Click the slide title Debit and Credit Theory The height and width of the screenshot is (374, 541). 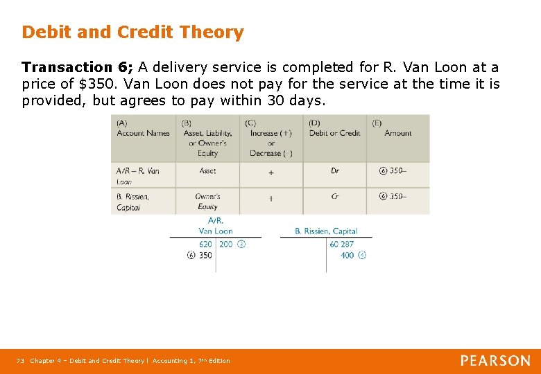132,32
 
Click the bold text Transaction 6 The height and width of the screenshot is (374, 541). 76,67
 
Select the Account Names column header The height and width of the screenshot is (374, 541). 143,129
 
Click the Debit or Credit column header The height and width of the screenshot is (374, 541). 334,133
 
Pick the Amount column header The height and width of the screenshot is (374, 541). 397,133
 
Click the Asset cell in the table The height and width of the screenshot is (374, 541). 207,170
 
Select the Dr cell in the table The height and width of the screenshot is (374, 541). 335,170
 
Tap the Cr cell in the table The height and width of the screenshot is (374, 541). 335,196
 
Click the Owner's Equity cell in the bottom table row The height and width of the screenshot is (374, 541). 207,201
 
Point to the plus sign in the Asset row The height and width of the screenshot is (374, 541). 270,171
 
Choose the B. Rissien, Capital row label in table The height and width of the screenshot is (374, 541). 132,201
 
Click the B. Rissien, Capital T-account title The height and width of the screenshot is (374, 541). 326,231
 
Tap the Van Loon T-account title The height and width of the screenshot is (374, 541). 215,226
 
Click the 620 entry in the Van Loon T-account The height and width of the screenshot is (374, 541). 205,244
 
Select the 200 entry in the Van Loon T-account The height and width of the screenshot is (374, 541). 226,244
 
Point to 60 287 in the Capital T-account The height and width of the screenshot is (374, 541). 342,244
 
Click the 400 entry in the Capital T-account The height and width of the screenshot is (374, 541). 347,255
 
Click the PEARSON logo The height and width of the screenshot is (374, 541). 495,360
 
